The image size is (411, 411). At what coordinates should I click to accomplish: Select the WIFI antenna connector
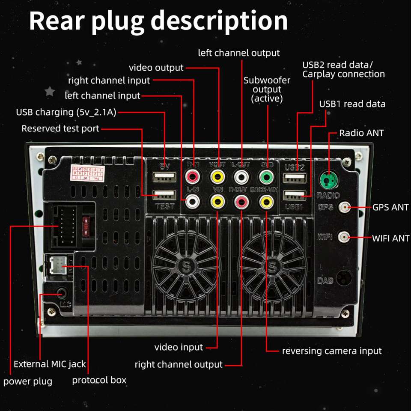pos(344,237)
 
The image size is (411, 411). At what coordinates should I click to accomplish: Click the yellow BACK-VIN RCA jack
pos(267,200)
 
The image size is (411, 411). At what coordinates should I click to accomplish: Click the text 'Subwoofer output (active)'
pos(267,89)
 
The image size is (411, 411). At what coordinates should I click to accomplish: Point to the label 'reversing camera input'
pos(331,351)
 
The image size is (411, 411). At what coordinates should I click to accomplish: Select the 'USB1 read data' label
pos(352,104)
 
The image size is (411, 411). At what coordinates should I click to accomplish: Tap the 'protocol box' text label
pos(99,380)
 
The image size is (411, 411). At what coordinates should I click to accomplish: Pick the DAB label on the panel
pos(326,281)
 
